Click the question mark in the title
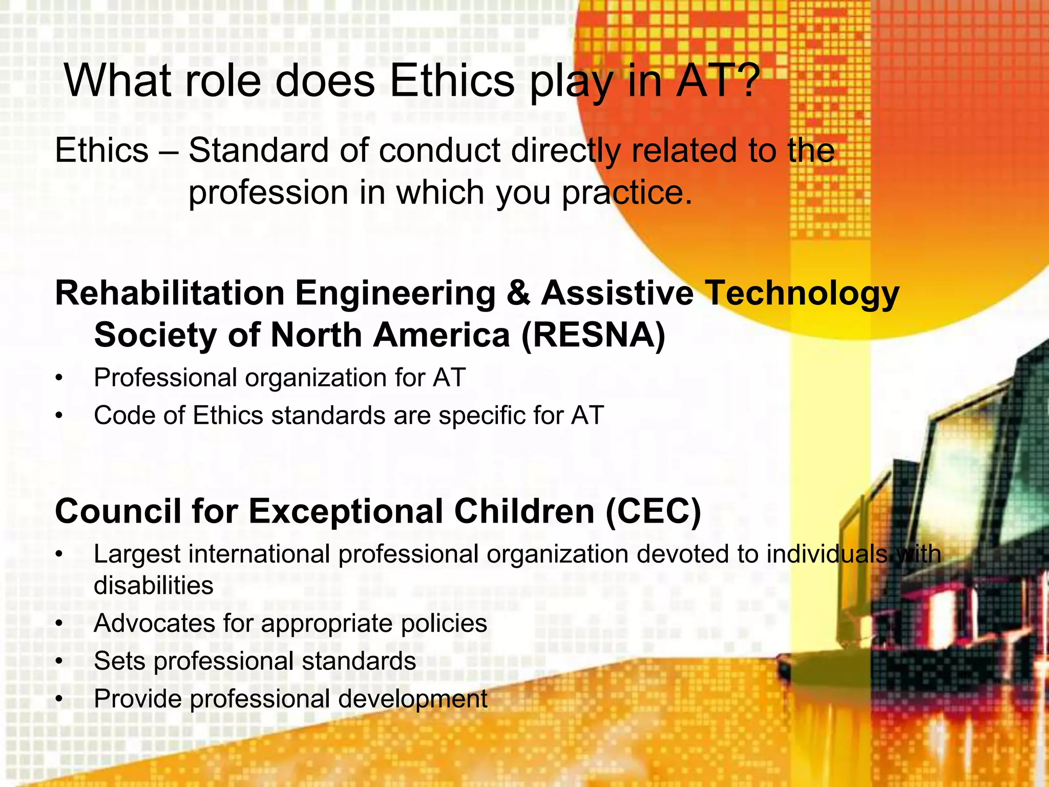[741, 80]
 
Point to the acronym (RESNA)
[593, 335]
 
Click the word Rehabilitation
[170, 293]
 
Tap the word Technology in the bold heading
[802, 294]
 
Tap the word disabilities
[153, 585]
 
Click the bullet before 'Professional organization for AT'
[60, 379]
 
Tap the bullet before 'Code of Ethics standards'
[60, 416]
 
